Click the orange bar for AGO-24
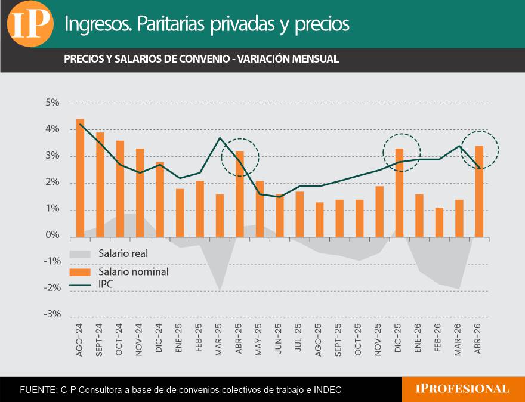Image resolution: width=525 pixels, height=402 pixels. pos(81,178)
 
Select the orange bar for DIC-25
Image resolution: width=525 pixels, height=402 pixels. pos(400,193)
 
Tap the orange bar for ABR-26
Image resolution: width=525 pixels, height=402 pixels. pos(479,191)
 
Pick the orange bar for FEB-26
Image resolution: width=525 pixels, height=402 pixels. pos(439,222)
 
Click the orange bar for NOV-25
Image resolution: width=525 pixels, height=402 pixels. pos(379,212)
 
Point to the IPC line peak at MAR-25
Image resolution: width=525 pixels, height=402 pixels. pos(220,138)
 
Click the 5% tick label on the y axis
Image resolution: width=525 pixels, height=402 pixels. pos(52,103)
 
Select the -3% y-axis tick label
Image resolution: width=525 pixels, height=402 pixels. pos(52,314)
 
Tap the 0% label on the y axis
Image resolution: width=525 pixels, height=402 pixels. pos(52,235)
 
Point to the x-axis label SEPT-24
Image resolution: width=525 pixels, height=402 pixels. pos(99,340)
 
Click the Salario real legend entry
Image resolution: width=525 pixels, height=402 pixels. pos(109,253)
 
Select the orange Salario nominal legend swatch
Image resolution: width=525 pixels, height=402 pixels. pos(80,272)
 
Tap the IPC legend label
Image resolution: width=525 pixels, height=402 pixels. pos(106,285)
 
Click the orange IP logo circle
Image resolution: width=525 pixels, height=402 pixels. pos(30,24)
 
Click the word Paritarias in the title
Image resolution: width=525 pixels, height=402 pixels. pos(171,23)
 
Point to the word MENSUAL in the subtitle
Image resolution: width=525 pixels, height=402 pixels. pos(316,59)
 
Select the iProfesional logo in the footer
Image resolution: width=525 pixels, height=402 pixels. pos(462,389)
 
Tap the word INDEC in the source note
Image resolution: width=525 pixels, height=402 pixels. pos(330,390)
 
